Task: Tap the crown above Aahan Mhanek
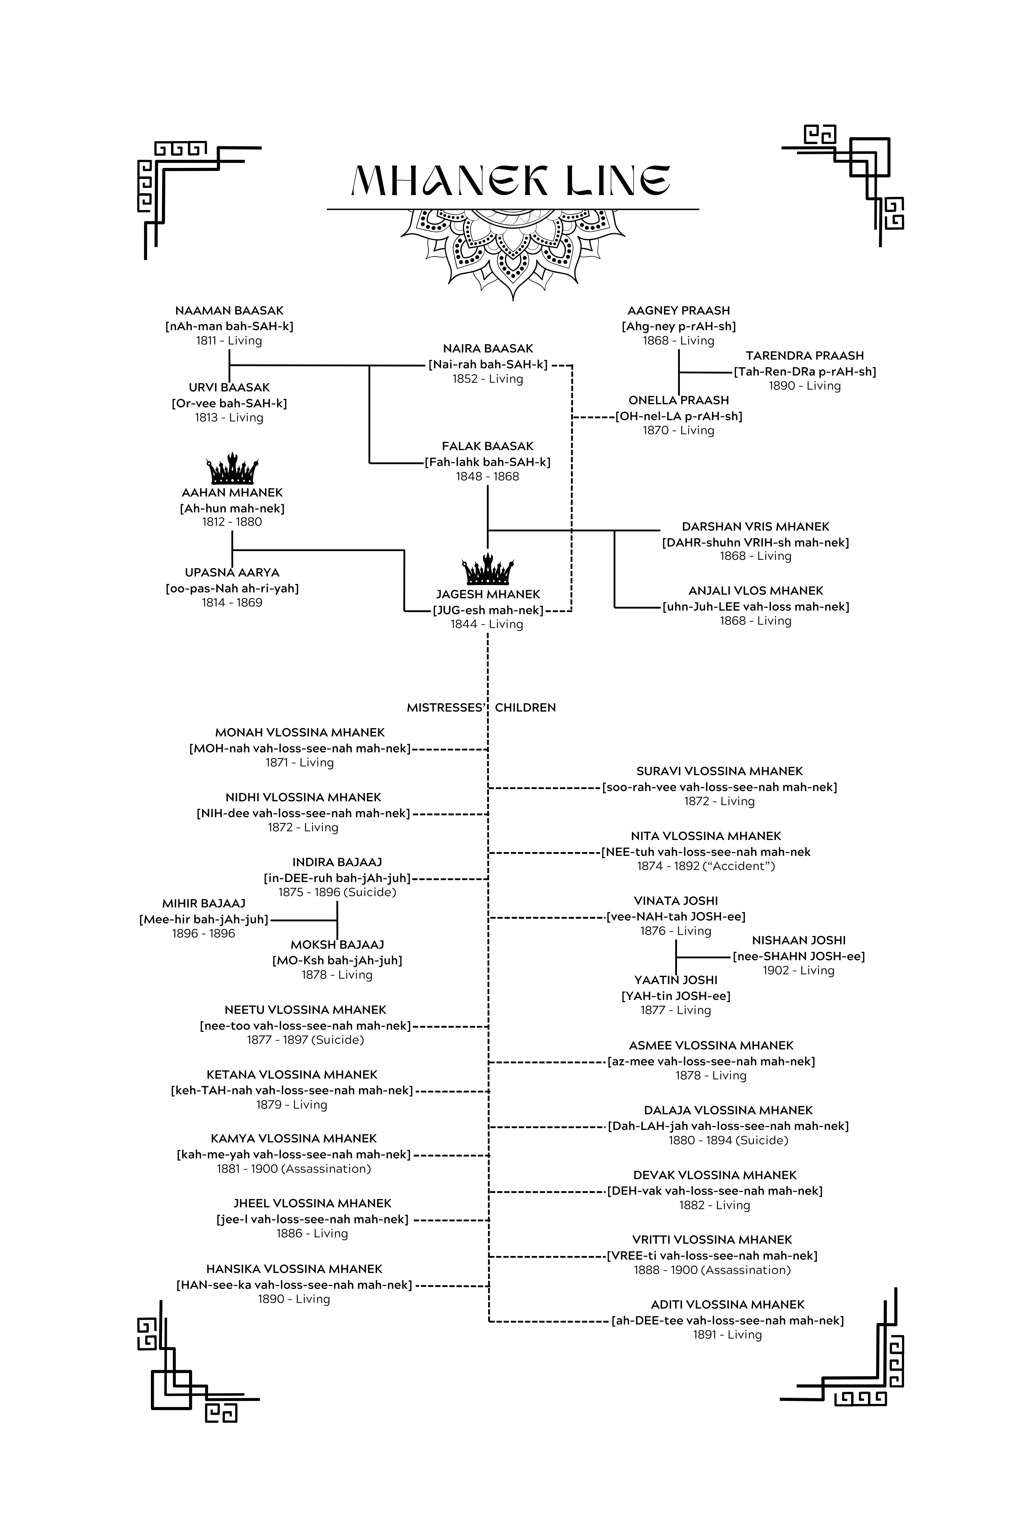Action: click(x=232, y=468)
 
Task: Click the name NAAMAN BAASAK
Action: click(x=229, y=311)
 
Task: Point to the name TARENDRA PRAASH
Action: click(x=805, y=356)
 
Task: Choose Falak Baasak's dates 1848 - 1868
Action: click(x=488, y=477)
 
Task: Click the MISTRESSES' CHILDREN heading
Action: click(x=481, y=707)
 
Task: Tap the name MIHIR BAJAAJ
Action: click(x=204, y=904)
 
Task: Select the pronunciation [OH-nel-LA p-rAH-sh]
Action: click(x=679, y=416)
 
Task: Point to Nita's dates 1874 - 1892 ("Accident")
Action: click(x=706, y=866)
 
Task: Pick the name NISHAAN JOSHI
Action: click(x=799, y=940)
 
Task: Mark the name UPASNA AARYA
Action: click(x=232, y=573)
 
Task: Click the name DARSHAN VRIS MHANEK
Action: click(x=756, y=527)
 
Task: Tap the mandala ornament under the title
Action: click(x=513, y=252)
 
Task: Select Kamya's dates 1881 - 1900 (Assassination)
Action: click(x=294, y=1169)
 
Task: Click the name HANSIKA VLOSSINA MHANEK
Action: click(x=294, y=1269)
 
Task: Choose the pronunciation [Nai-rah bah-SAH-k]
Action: click(x=488, y=364)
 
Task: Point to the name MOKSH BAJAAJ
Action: click(x=337, y=945)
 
